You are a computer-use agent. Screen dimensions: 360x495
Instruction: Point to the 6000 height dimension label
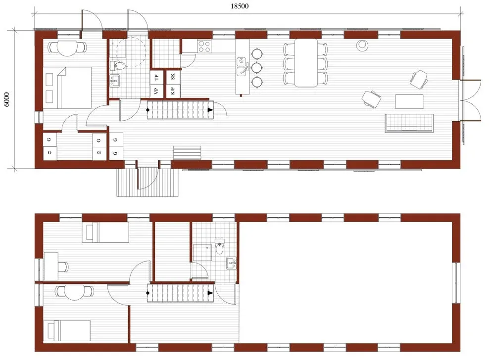(6, 99)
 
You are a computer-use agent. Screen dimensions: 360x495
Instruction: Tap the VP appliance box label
(157, 90)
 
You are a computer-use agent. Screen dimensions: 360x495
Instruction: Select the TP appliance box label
(157, 76)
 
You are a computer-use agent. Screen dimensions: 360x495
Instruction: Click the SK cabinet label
(173, 76)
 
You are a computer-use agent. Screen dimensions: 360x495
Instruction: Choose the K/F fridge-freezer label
(173, 90)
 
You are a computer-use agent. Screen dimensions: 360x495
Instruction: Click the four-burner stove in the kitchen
(204, 46)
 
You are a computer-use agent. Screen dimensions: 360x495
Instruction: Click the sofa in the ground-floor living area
(409, 123)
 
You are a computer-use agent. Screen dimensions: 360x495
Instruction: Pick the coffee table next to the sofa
(409, 101)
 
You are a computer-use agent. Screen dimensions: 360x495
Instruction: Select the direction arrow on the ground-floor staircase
(210, 110)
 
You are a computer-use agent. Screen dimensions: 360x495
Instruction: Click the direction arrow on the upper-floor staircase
(210, 293)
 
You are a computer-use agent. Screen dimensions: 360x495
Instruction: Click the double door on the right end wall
(471, 99)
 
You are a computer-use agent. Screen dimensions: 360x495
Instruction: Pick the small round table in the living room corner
(363, 45)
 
